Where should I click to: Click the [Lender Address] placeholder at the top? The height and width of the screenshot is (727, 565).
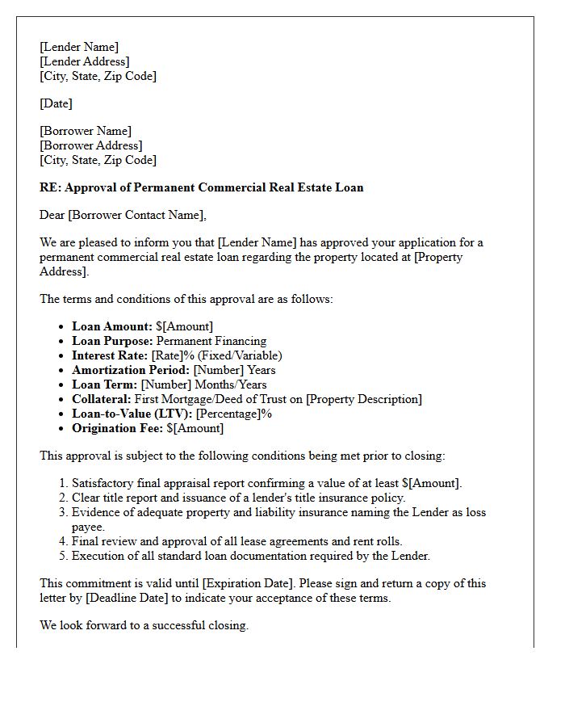pos(84,61)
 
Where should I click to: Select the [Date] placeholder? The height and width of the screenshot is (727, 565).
pos(56,103)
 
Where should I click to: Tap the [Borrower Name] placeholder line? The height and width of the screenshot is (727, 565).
pos(86,131)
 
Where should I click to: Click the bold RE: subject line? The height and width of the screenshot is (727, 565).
pos(202,187)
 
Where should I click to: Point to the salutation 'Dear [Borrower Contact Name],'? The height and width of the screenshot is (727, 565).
pos(123,215)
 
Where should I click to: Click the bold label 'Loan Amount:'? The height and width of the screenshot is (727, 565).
pos(112,326)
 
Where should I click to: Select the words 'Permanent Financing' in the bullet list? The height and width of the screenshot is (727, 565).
pos(211,341)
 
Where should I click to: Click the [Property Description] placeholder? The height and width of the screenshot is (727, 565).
pos(364,399)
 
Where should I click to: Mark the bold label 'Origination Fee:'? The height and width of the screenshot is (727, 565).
pos(118,428)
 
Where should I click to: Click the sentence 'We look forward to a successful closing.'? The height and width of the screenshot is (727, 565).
pos(144,625)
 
